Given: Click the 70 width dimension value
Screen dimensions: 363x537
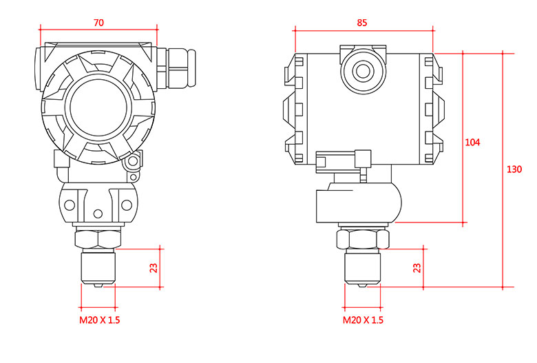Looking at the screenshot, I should pyautogui.click(x=98, y=23).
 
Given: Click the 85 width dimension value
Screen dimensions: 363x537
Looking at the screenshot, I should pyautogui.click(x=363, y=22).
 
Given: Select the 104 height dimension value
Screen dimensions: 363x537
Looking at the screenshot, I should pyautogui.click(x=473, y=143).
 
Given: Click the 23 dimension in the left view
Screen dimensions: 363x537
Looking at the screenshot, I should pyautogui.click(x=154, y=267).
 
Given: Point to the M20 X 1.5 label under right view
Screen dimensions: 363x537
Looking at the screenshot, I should pyautogui.click(x=364, y=320).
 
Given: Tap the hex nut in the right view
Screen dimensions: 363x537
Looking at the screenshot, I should pyautogui.click(x=362, y=240).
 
